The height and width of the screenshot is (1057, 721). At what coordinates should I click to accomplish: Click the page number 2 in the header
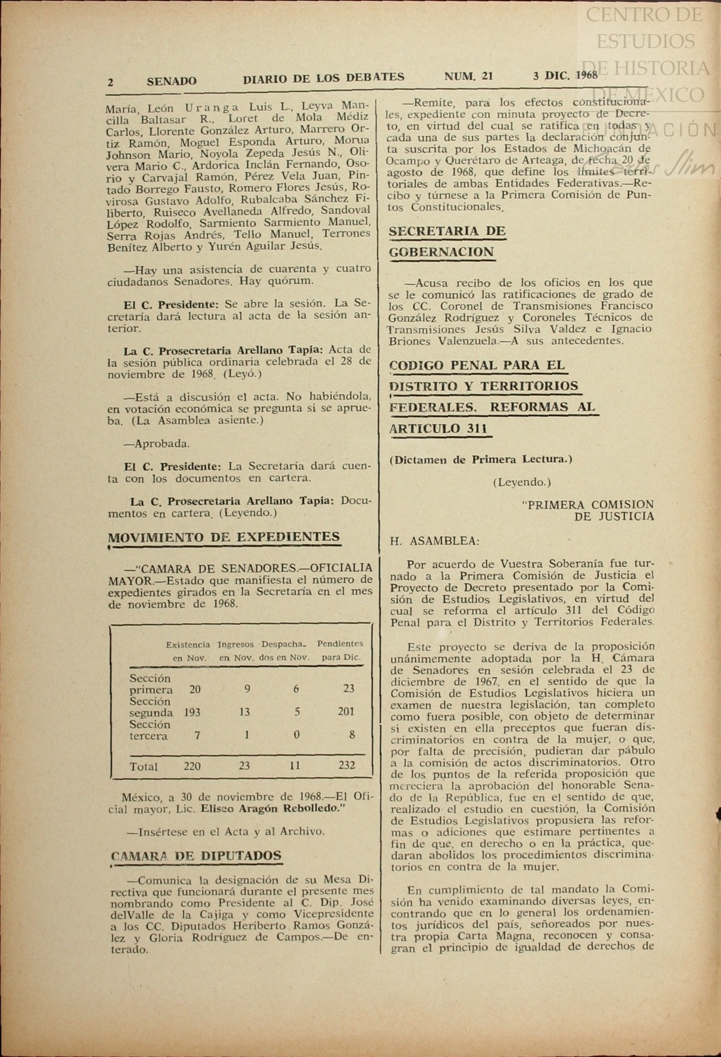(110, 82)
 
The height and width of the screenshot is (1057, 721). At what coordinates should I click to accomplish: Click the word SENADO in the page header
(172, 81)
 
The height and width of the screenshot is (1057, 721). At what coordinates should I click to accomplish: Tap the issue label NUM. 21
(468, 76)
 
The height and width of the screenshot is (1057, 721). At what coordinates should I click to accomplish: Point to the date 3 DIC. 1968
(565, 75)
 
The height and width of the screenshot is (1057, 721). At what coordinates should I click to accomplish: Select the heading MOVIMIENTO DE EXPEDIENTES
(224, 537)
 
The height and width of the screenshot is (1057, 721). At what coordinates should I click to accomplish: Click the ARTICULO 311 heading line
(438, 428)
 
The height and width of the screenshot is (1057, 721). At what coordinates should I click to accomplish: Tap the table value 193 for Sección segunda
(192, 712)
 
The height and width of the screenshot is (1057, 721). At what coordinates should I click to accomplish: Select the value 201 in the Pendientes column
(346, 711)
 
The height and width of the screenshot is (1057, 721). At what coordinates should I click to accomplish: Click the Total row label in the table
(144, 767)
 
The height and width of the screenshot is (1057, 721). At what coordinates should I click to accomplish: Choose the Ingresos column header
(235, 645)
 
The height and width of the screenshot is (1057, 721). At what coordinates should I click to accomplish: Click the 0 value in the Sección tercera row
(297, 735)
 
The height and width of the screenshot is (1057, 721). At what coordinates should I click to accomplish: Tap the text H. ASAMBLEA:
(435, 541)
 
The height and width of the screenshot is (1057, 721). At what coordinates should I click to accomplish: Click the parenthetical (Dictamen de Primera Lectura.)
(481, 459)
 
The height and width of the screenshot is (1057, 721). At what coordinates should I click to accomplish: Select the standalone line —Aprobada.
(157, 443)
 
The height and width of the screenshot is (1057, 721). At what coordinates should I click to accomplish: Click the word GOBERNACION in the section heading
(442, 252)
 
